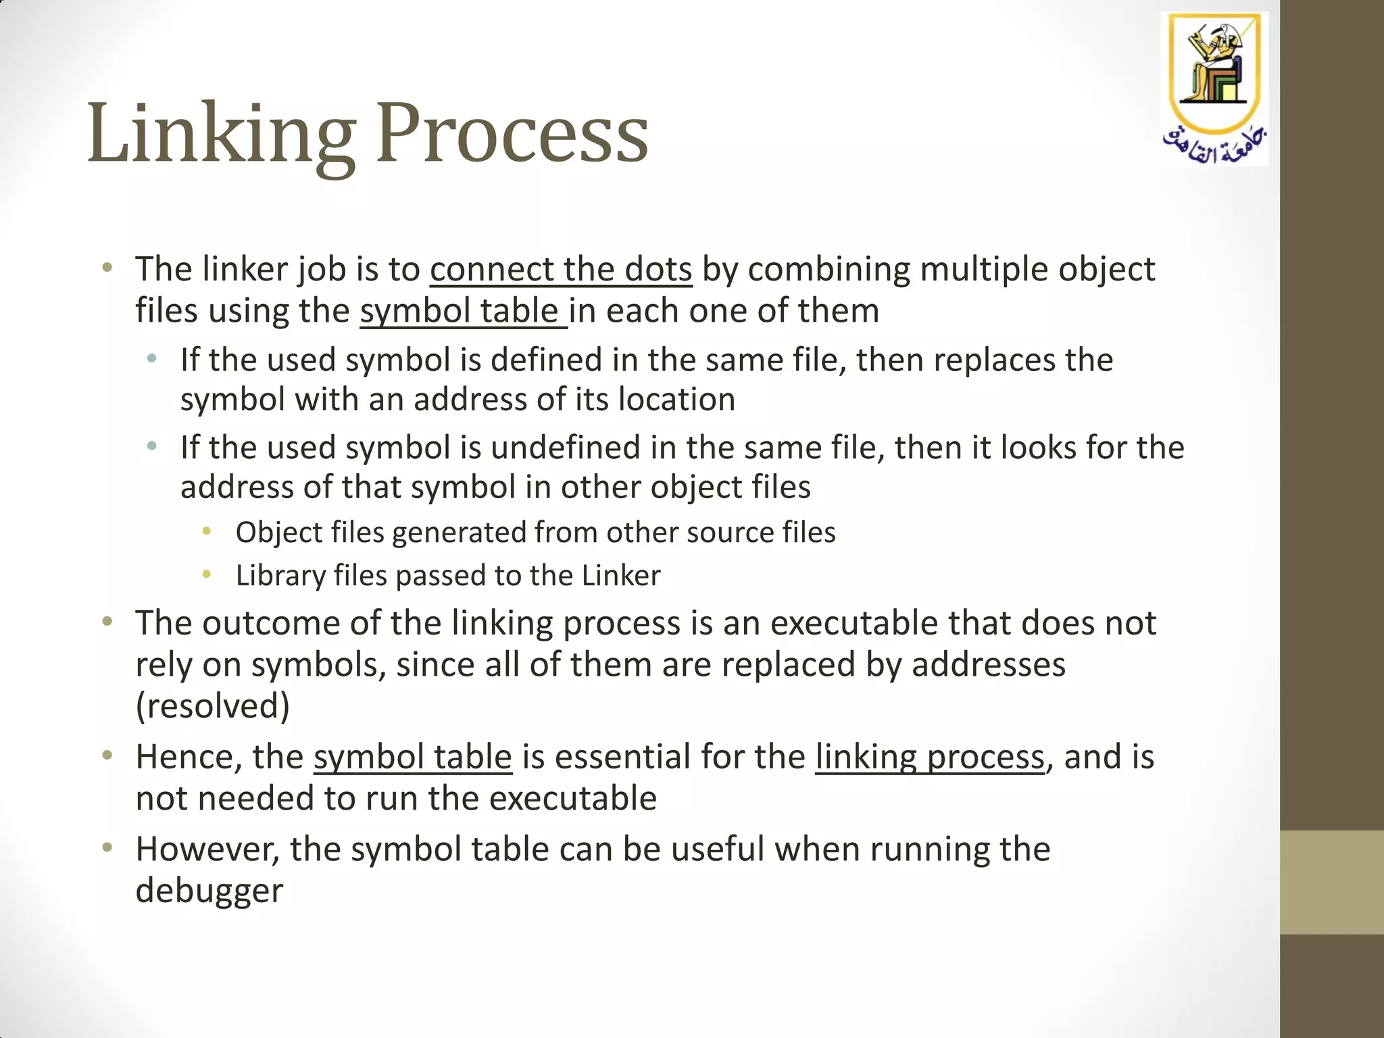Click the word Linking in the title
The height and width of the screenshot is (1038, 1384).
coord(221,133)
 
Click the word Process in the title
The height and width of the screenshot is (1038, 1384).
coord(512,133)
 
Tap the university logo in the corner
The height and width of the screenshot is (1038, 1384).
coord(1214,89)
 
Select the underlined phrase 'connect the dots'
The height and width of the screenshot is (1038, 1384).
coord(561,270)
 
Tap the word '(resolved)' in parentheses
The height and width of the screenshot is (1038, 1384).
coord(213,706)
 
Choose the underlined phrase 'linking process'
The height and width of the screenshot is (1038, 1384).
coord(930,757)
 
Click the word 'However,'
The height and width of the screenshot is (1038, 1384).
coord(207,849)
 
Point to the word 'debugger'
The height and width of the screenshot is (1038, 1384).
coord(209,891)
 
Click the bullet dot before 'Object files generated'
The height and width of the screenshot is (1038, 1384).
coord(207,533)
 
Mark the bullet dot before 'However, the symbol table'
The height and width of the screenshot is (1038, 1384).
coord(107,847)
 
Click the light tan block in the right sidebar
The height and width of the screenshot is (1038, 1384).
coord(1331,882)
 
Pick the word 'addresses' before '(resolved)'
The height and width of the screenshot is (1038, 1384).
coord(989,665)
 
